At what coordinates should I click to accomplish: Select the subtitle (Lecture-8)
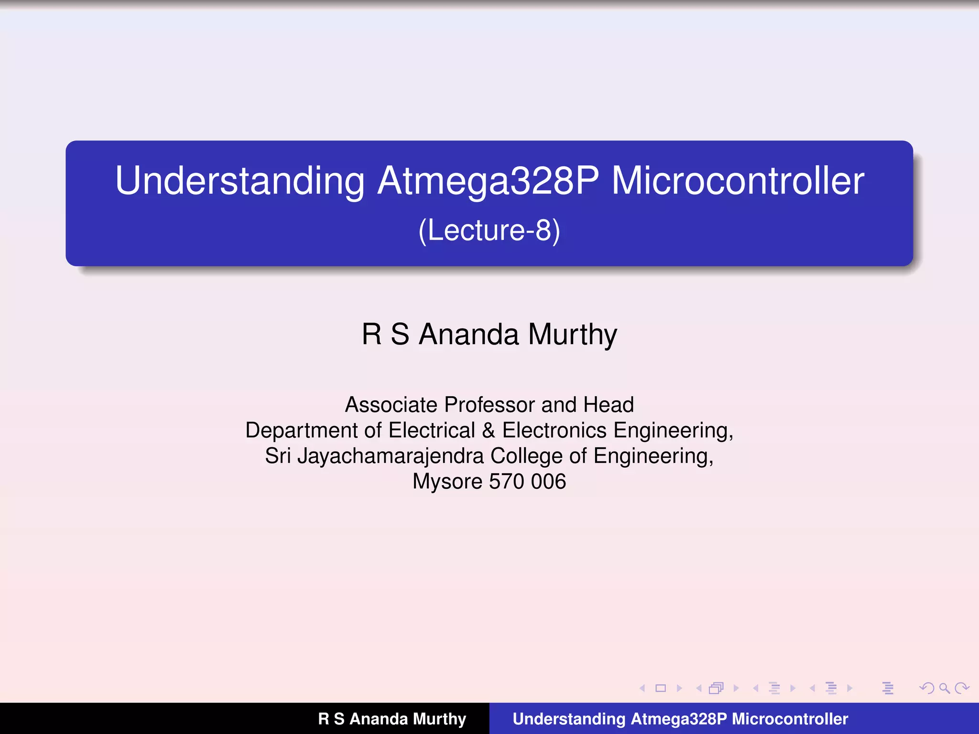click(489, 231)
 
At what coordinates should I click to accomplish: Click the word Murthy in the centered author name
click(572, 335)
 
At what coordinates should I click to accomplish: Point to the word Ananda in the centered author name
click(468, 335)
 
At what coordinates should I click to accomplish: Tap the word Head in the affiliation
click(608, 405)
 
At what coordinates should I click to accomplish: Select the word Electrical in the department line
click(432, 431)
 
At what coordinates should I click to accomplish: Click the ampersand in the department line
click(488, 431)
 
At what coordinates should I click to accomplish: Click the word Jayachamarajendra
click(391, 456)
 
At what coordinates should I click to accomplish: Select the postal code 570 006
click(527, 482)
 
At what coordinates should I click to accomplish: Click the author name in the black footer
click(392, 719)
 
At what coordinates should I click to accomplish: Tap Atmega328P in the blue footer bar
click(679, 719)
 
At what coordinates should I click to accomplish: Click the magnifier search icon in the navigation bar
click(944, 688)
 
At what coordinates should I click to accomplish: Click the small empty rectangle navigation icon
click(661, 688)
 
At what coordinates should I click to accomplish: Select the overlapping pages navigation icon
click(716, 688)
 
